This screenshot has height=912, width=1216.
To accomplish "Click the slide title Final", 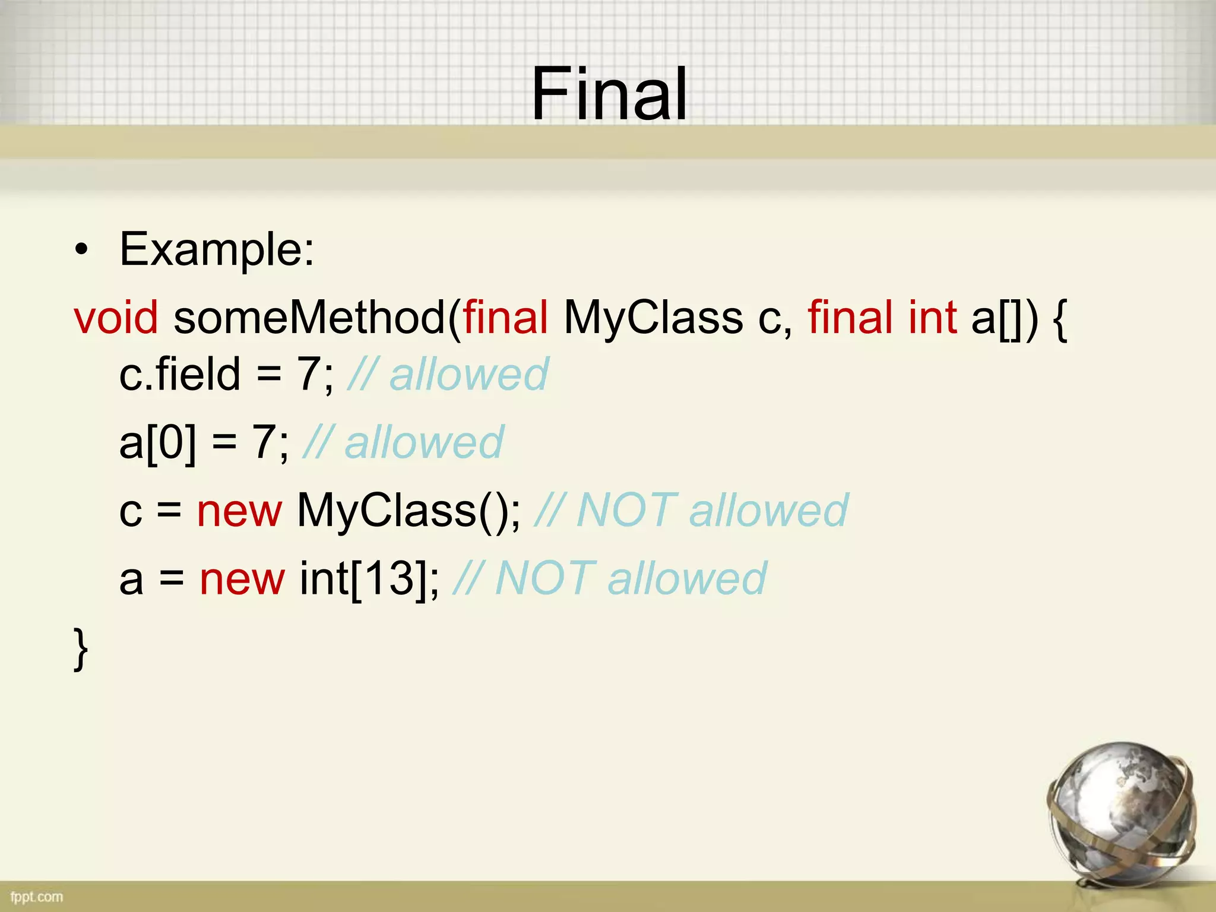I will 609,94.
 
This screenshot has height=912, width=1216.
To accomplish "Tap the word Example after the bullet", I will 216,249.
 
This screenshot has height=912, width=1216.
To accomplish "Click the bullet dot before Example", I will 81,250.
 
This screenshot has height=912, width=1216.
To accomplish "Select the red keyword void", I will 116,318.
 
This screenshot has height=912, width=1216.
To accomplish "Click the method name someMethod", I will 309,318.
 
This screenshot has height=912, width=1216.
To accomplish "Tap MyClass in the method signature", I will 653,318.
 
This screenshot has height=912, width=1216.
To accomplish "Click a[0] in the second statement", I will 157,442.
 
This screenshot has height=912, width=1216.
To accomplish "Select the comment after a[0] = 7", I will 404,442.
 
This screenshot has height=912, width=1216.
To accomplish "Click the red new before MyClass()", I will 239,511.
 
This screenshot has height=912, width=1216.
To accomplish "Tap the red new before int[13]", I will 242,579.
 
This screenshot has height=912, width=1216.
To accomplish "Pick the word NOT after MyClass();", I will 626,511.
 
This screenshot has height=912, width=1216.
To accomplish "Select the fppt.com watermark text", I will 37,897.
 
